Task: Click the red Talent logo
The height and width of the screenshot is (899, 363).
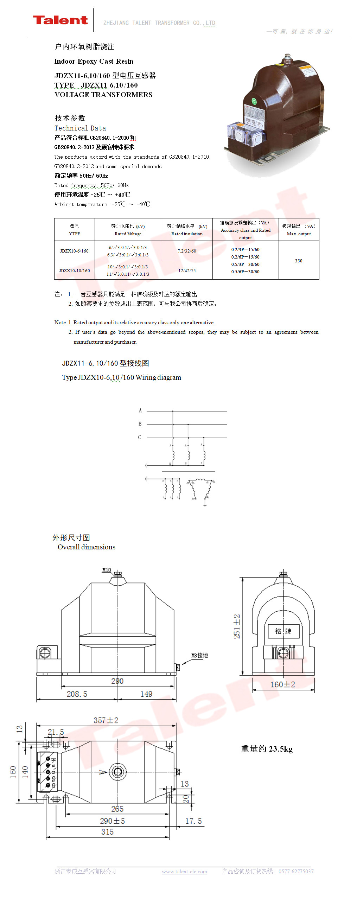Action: pos(60,20)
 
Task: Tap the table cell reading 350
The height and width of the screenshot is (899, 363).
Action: pos(299,261)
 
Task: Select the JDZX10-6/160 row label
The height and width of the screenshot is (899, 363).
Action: pos(74,251)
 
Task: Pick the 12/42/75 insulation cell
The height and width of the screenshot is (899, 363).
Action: pos(187,270)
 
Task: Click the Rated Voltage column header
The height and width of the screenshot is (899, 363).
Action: pos(128,230)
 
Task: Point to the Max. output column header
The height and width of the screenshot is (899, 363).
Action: pos(299,230)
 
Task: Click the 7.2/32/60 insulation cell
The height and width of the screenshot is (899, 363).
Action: pos(187,251)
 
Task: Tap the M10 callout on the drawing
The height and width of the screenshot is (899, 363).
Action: pos(107,570)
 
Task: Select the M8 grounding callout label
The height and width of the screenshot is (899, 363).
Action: pos(199,655)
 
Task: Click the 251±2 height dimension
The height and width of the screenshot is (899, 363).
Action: pos(237,626)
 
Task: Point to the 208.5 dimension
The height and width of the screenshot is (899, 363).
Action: pos(77,694)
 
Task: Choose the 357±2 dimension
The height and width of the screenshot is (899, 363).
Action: pos(106,720)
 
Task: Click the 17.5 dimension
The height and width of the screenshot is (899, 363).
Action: pos(193,821)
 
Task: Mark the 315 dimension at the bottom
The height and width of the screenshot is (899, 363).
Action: pos(107,832)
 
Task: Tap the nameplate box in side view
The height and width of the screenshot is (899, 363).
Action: pos(283,631)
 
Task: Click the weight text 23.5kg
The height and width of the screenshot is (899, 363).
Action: pos(267,749)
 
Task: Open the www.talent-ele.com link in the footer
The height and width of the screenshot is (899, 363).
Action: pos(184,872)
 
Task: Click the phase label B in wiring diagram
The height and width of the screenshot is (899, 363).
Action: pos(140,424)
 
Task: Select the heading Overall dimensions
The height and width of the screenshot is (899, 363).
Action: pos(87,547)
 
